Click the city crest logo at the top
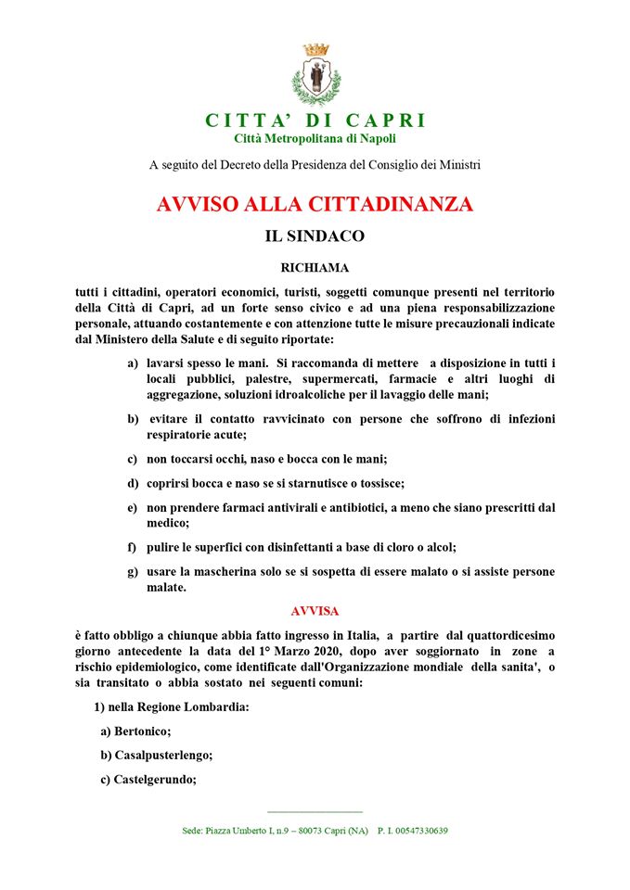(x=315, y=75)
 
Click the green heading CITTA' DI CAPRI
(x=315, y=121)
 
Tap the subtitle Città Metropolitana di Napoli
(x=315, y=138)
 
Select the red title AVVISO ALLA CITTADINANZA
(x=315, y=204)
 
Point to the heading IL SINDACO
(x=315, y=236)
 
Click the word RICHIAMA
(x=315, y=268)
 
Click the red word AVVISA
(x=315, y=612)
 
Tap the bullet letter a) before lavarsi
(x=134, y=361)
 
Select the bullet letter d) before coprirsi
(x=134, y=483)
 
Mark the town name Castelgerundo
(x=155, y=779)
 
